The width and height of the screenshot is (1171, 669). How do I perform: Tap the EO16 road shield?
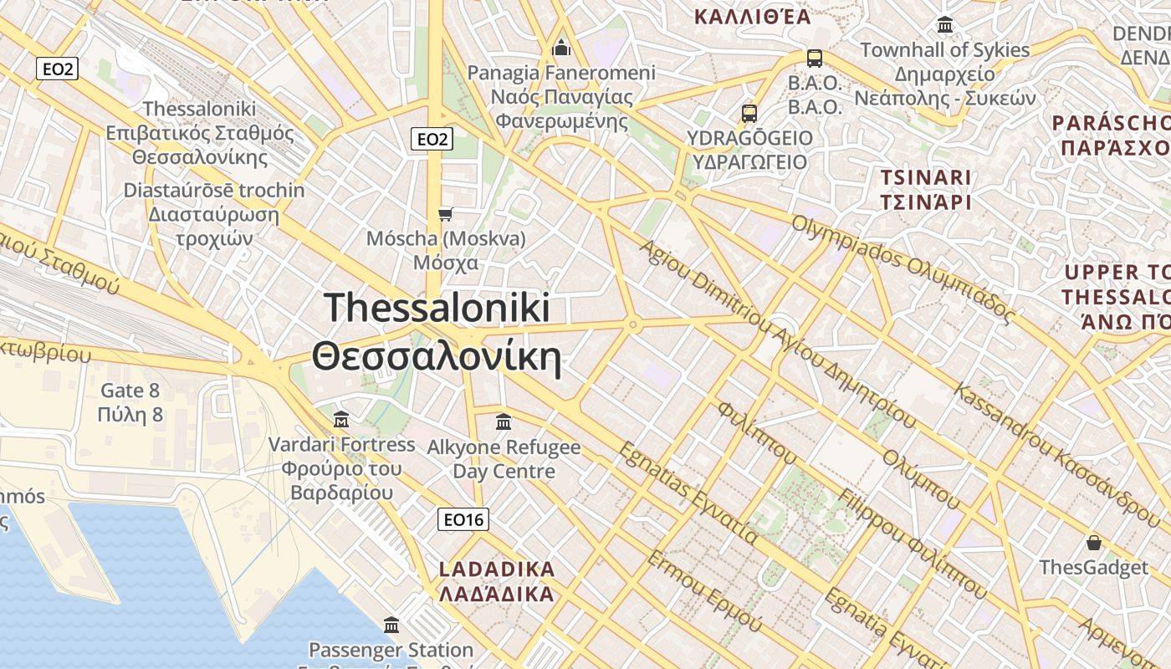(463, 520)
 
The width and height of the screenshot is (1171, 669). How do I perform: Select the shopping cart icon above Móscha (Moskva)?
(446, 215)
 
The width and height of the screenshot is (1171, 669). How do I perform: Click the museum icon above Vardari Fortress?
(341, 418)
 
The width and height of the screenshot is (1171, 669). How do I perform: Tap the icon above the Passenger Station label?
(391, 625)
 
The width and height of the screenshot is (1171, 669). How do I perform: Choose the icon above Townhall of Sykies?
(945, 25)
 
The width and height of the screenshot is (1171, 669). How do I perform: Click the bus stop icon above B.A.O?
(814, 59)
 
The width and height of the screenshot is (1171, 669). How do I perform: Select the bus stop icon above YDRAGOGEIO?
(749, 113)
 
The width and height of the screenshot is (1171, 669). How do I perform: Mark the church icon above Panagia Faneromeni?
(561, 48)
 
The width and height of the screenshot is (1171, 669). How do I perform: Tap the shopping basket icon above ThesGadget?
(1093, 542)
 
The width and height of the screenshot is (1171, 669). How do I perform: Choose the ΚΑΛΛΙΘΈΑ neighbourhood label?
(753, 16)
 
